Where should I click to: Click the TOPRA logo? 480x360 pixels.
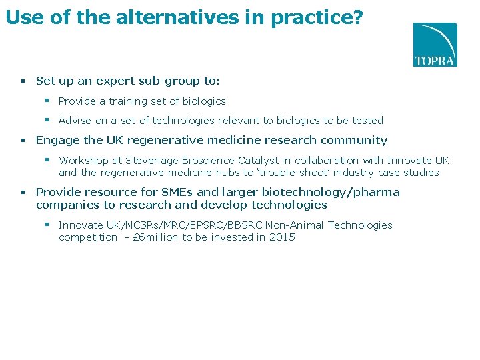tap(435, 45)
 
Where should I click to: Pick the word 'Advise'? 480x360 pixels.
tap(75, 121)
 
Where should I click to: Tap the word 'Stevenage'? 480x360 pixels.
tap(153, 161)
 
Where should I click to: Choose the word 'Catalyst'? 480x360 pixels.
tap(249, 161)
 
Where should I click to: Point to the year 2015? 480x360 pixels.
tap(283, 237)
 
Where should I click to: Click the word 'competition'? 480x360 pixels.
tap(87, 237)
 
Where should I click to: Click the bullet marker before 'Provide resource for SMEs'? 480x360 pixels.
tap(22, 193)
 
